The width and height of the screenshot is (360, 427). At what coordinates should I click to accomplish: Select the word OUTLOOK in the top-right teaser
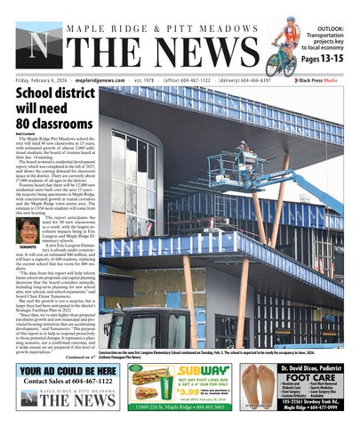click(330, 30)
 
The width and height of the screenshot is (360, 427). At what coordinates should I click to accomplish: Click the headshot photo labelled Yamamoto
click(28, 230)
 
